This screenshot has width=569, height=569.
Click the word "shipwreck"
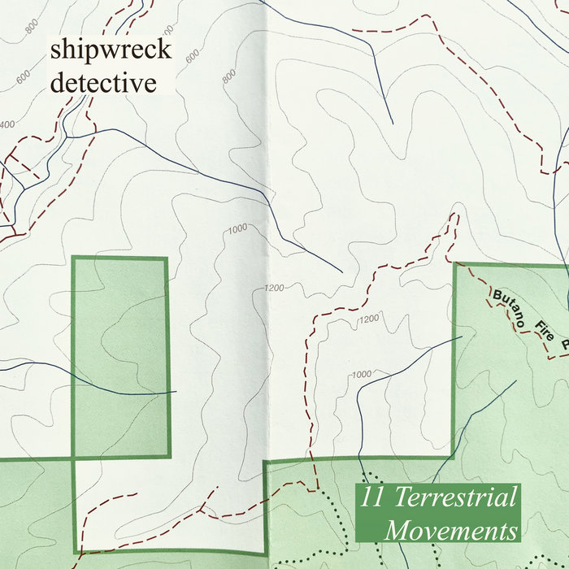click(111, 50)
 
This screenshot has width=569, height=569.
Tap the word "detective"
click(102, 81)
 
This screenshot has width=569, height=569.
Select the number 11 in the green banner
click(374, 498)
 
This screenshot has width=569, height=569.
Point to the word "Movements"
click(452, 532)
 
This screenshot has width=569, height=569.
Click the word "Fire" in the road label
click(545, 331)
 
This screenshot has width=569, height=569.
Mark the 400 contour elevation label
click(7, 124)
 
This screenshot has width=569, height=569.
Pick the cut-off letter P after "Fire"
click(565, 345)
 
